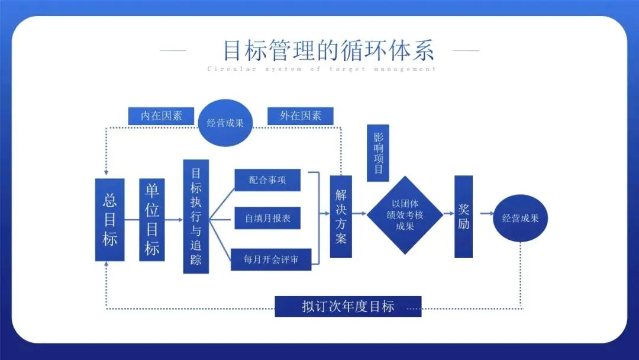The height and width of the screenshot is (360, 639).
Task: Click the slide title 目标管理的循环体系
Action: pos(328,50)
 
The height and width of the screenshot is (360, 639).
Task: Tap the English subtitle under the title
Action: pos(322,69)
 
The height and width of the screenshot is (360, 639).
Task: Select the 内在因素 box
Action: pos(161,116)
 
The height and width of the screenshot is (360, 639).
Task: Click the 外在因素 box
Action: pos(301,116)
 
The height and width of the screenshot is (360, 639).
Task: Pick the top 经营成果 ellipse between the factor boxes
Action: pos(225,123)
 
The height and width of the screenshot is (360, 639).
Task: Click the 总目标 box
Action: pos(110,220)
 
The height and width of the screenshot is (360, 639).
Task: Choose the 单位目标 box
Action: pos(152,220)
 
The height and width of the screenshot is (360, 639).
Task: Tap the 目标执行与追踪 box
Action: pos(196,216)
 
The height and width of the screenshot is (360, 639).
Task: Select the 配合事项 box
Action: pos(267,180)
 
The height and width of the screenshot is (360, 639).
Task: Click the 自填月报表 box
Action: pos(267,218)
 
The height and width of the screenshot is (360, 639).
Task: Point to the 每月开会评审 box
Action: pos(271,259)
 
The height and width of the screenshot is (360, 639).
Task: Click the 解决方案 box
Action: pos(341,216)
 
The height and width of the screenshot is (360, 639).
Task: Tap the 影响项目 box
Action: pos(378,152)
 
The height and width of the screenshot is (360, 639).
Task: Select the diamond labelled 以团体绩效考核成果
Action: pos(405,215)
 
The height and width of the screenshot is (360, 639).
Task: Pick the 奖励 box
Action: pos(463,217)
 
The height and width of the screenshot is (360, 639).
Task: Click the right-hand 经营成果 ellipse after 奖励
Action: pos(521,218)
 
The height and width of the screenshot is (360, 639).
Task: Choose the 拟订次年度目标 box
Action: pos(348,307)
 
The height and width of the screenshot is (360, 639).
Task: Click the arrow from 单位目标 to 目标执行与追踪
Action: pos(174,220)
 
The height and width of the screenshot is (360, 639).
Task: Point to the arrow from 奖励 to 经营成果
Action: pos(486,214)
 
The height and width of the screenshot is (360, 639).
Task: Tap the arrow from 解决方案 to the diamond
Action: pos(359,214)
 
